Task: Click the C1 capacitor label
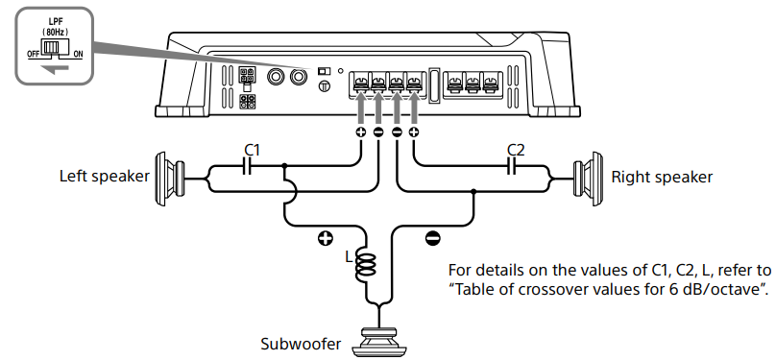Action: pyautogui.click(x=252, y=150)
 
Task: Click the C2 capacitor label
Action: pyautogui.click(x=516, y=150)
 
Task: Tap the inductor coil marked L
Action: pyautogui.click(x=366, y=264)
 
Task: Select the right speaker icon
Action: pyautogui.click(x=588, y=177)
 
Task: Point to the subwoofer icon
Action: pyautogui.click(x=379, y=342)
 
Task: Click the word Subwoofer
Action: pyautogui.click(x=301, y=344)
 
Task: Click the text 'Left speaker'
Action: pyautogui.click(x=105, y=177)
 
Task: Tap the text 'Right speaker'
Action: pyautogui.click(x=662, y=177)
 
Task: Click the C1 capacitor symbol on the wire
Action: pyautogui.click(x=248, y=167)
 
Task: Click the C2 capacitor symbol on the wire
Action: pyautogui.click(x=513, y=167)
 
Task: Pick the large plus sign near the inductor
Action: pyautogui.click(x=325, y=239)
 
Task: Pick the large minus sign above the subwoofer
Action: pyautogui.click(x=432, y=239)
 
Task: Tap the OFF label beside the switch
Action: pyautogui.click(x=34, y=55)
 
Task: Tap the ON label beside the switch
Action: pyautogui.click(x=78, y=55)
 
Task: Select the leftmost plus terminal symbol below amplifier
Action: pyautogui.click(x=361, y=132)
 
